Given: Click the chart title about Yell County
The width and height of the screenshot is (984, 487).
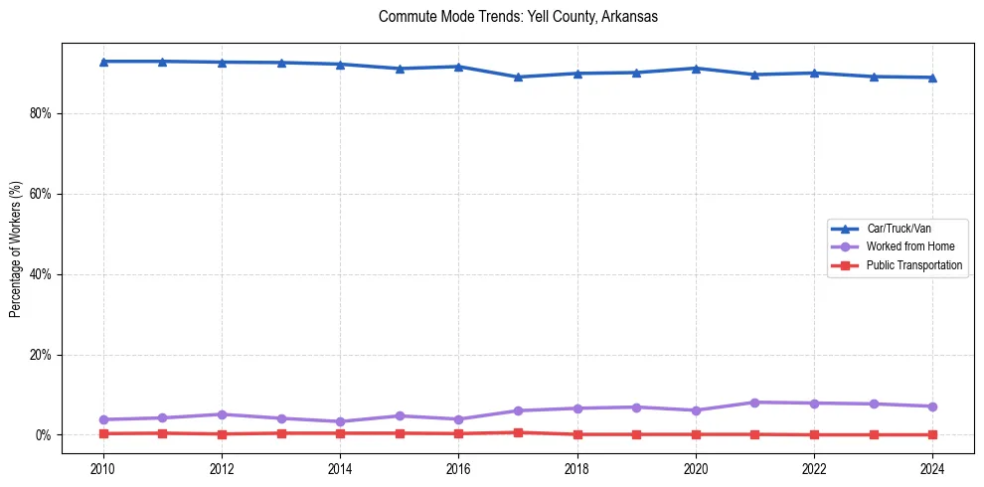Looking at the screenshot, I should [518, 17].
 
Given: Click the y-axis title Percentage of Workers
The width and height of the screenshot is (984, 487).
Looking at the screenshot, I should [16, 249].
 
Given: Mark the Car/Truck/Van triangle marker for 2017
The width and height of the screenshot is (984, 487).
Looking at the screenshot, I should [518, 77].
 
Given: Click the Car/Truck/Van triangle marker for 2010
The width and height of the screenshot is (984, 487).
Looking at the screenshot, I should [103, 62].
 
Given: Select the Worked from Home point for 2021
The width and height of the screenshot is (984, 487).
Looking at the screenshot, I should [754, 403].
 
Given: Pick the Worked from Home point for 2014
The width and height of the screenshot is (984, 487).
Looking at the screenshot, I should [340, 421].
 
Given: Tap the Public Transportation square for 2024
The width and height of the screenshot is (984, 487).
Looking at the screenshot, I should [932, 434].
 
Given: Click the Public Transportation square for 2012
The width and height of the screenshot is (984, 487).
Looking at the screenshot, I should [222, 434].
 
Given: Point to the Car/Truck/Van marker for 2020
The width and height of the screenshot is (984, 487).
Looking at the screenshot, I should [696, 68].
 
